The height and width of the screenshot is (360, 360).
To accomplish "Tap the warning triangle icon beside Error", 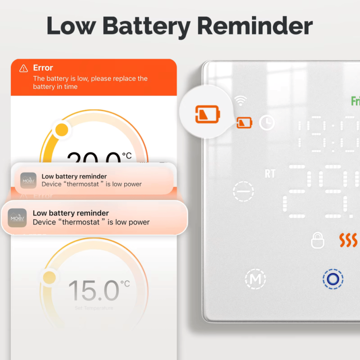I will click(x=24, y=68).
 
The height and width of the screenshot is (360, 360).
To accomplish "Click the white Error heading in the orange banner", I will click(x=43, y=68).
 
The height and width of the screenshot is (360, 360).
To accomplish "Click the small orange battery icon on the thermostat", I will click(x=244, y=123).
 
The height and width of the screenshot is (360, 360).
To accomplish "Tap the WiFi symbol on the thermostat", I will click(x=240, y=101).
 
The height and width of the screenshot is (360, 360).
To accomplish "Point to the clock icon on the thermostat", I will click(x=267, y=123).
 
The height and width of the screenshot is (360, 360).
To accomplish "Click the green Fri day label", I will click(x=355, y=101).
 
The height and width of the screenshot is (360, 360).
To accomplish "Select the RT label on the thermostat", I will click(x=270, y=174).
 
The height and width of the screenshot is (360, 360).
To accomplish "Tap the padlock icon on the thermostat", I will click(x=318, y=241).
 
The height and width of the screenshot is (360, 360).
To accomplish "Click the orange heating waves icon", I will click(x=348, y=240).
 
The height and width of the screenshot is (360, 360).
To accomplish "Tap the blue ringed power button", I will click(x=333, y=279).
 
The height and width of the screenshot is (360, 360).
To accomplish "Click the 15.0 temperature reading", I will click(x=94, y=291).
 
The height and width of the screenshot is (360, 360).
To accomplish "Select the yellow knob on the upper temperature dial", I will click(x=62, y=129).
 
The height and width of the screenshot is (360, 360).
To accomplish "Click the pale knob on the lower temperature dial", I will click(x=49, y=277).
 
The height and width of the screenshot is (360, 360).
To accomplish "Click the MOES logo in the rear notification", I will click(x=28, y=180).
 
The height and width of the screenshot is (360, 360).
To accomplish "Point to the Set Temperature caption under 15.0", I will click(x=94, y=308).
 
